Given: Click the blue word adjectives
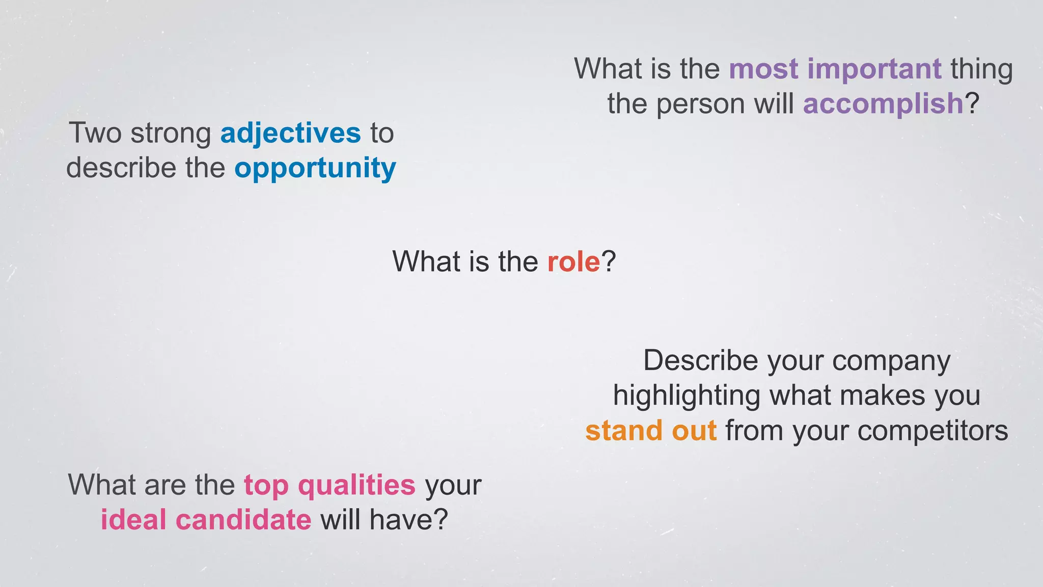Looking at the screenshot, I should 290,134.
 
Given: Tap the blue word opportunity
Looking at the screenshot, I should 315,169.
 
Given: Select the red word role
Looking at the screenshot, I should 573,262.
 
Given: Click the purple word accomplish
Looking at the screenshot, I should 883,104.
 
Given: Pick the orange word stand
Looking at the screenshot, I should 624,431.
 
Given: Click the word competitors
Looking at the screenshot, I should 932,431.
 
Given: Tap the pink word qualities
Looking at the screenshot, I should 356,485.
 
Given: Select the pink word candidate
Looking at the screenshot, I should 243,520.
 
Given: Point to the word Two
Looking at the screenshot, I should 95,134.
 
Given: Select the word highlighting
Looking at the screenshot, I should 686,396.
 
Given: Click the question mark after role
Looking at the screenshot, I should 609,262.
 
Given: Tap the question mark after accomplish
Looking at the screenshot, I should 972,104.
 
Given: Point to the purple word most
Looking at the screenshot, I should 763,70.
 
